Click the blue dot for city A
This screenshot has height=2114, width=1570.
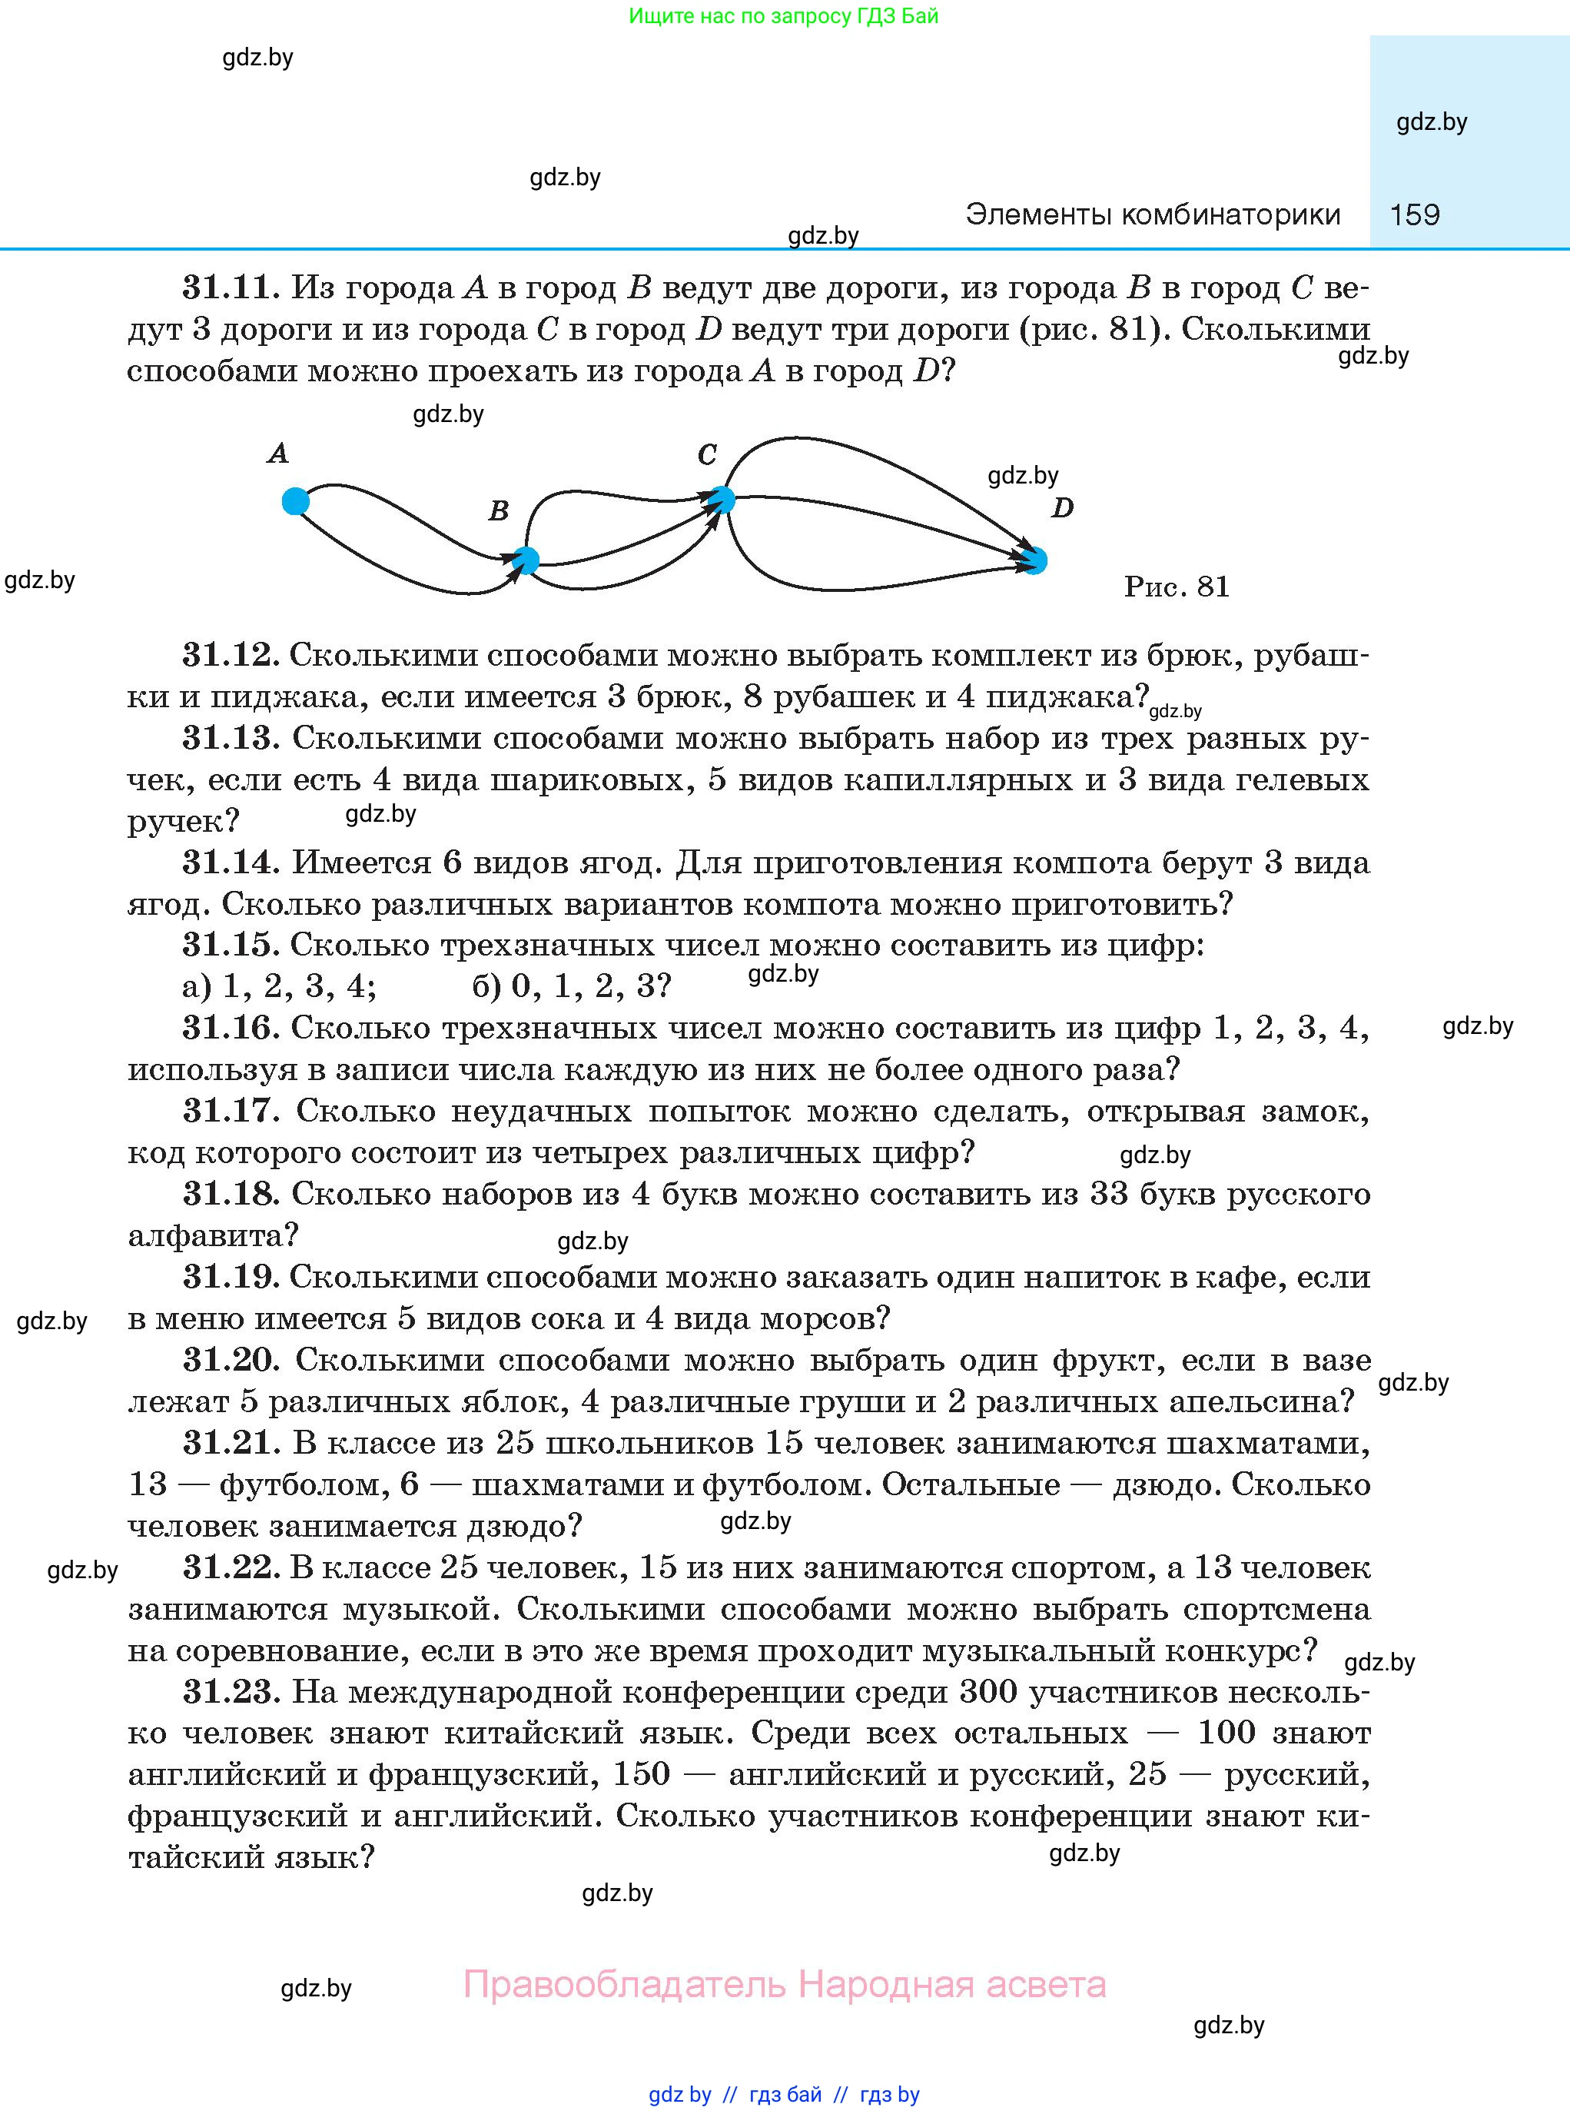click(x=296, y=501)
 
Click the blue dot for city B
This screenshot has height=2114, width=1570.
click(x=526, y=560)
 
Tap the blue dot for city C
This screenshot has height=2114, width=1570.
click(x=722, y=499)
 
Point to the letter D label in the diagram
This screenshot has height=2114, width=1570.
click(x=1063, y=507)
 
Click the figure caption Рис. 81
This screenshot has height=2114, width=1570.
click(x=1177, y=587)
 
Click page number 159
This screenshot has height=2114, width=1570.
click(x=1414, y=214)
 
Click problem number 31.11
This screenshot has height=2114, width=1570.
click(x=231, y=287)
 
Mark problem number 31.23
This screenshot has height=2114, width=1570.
click(x=231, y=1691)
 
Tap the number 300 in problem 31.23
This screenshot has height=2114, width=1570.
click(x=988, y=1691)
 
